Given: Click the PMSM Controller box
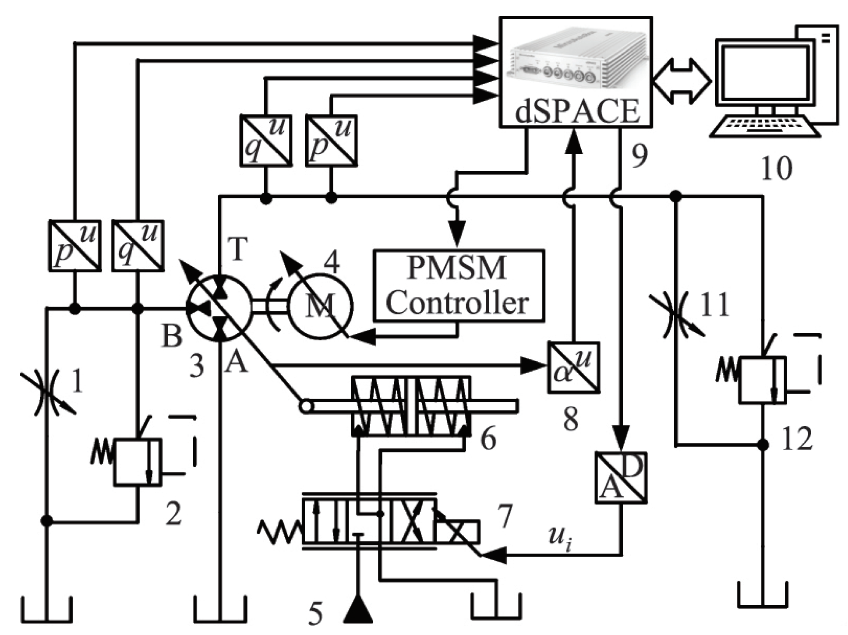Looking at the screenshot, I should [x=458, y=286].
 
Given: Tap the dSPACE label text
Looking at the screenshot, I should [x=577, y=112].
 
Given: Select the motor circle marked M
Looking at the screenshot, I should [x=320, y=305].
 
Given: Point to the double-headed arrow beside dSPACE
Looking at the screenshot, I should [x=682, y=81].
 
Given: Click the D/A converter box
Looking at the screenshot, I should [x=621, y=478].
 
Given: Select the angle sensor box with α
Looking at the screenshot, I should [x=573, y=367].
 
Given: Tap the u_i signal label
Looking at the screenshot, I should [x=560, y=537].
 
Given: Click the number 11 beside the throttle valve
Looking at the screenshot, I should [x=714, y=304].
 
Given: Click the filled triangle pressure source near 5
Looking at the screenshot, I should [x=358, y=610].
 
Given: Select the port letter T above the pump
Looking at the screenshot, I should [x=238, y=248].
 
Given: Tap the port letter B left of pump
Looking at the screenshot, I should [x=172, y=336].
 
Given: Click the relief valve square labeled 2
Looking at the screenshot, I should [x=138, y=462].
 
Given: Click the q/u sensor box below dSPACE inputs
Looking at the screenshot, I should [x=266, y=141].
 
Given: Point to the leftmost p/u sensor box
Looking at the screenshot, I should [x=74, y=246].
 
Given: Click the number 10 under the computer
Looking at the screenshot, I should [x=777, y=169].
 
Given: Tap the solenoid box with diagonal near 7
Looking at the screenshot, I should [x=457, y=532].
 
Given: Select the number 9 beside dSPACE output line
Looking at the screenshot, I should [x=639, y=156].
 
